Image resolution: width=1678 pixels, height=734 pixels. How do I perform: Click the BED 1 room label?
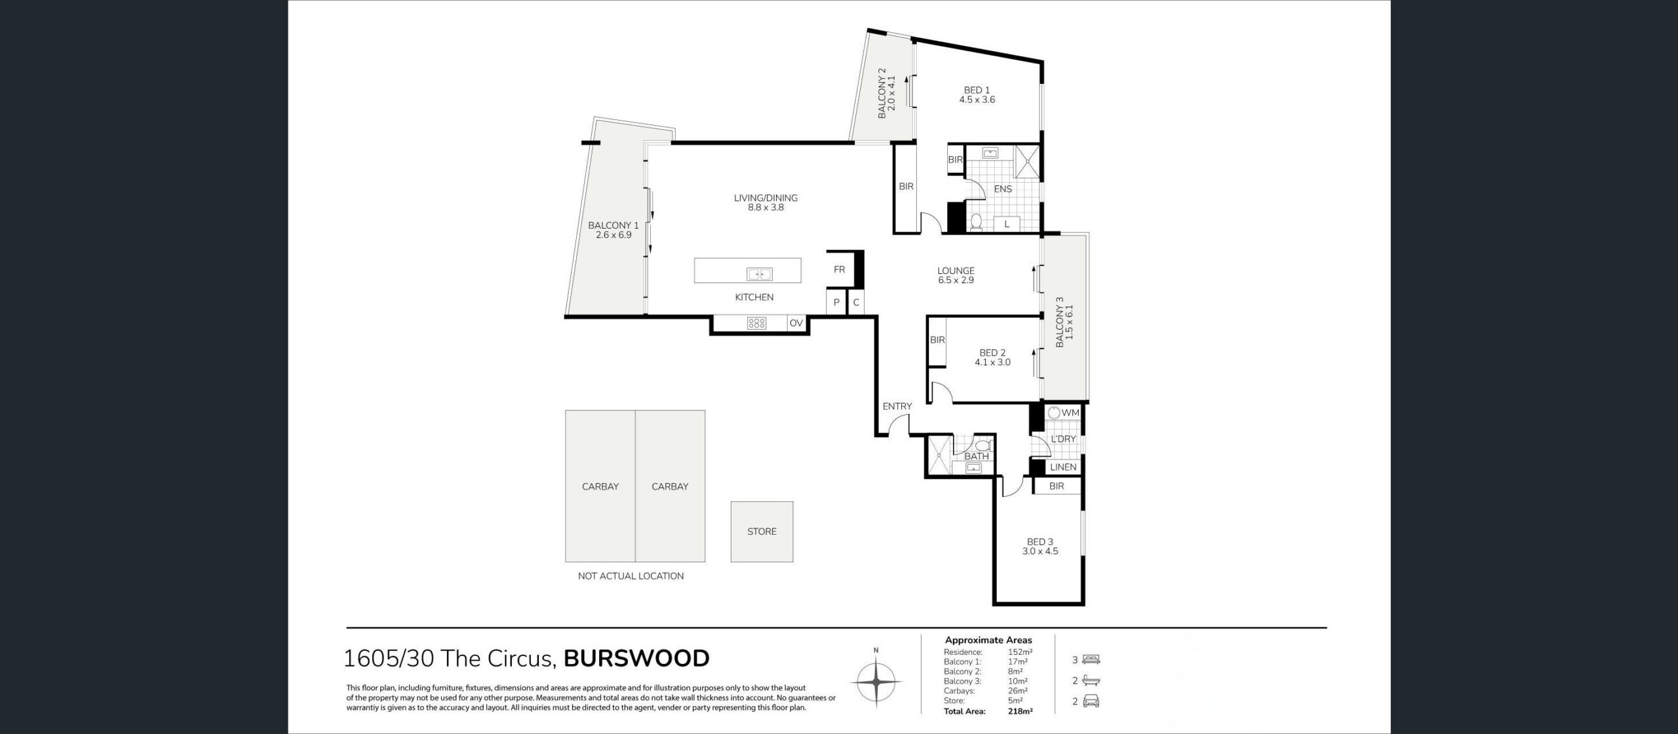977,90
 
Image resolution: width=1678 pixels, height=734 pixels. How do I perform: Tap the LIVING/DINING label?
766,198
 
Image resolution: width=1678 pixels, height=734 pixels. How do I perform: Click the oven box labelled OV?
796,323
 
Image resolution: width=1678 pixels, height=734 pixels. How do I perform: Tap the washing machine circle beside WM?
1054,413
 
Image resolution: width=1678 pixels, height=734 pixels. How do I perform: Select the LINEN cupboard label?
1063,467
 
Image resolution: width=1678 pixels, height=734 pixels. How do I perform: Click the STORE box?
762,531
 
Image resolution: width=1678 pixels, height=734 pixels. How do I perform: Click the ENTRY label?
897,406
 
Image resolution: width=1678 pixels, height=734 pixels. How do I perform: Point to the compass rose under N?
876,682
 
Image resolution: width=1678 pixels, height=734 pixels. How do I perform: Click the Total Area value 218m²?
1021,711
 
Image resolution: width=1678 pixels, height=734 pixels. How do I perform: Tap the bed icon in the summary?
1091,659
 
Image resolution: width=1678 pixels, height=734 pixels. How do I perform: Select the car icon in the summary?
1091,702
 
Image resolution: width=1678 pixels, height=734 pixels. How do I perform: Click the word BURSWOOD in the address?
636,659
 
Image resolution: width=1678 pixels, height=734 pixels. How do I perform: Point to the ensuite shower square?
1027,163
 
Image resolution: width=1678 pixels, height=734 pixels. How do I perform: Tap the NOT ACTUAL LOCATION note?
631,576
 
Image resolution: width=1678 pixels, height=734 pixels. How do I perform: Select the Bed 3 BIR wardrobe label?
1056,486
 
